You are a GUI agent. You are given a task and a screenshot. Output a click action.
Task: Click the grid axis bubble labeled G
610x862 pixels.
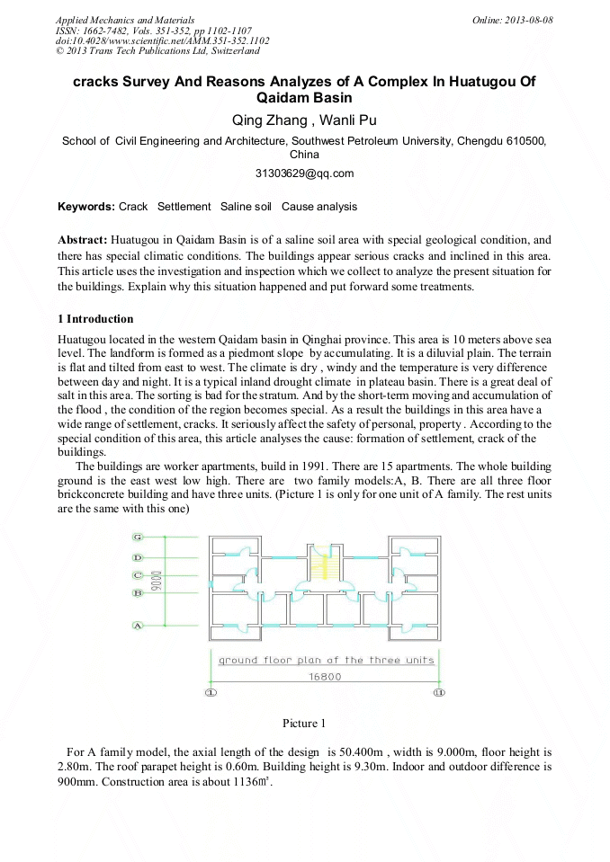(138, 537)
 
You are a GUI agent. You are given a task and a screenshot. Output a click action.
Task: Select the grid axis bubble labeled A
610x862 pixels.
(138, 625)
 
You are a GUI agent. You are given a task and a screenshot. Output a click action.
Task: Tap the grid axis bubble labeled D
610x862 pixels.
(138, 557)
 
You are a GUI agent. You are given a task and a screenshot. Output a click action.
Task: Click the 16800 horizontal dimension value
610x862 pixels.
(325, 677)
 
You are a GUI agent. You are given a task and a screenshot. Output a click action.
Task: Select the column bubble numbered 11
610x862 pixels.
(438, 693)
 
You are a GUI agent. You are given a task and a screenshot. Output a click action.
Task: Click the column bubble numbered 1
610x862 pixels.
(211, 693)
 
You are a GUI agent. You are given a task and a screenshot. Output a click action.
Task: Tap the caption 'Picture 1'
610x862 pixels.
(303, 724)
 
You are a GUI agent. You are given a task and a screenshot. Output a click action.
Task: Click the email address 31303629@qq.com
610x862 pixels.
(305, 173)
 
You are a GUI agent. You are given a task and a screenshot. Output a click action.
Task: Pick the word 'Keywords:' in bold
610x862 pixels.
(86, 207)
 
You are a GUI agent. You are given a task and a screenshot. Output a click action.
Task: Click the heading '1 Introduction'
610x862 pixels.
(95, 319)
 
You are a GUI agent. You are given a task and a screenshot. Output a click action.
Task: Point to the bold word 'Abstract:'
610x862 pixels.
(83, 240)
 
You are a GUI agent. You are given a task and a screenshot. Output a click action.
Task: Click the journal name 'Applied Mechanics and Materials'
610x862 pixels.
(124, 20)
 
